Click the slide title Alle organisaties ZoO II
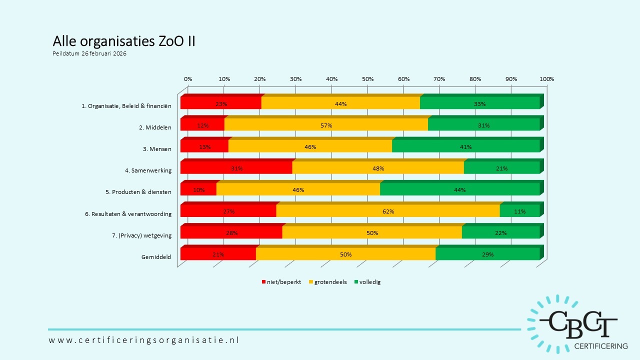pos(123,41)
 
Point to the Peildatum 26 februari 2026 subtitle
pos(89,53)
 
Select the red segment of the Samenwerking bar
pos(236,168)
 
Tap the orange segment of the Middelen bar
pos(326,125)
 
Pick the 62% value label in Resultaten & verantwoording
pos(388,211)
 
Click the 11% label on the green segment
pos(519,211)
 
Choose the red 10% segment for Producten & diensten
pos(198,190)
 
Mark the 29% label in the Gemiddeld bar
pos(487,254)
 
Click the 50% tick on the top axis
pos(367,79)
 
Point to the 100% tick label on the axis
pos(547,79)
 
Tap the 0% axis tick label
pos(188,79)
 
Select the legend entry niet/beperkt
pos(281,282)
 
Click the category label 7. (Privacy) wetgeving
pos(141,235)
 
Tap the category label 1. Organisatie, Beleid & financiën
pos(126,106)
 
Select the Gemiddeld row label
pos(156,257)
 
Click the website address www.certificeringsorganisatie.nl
pos(144,340)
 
